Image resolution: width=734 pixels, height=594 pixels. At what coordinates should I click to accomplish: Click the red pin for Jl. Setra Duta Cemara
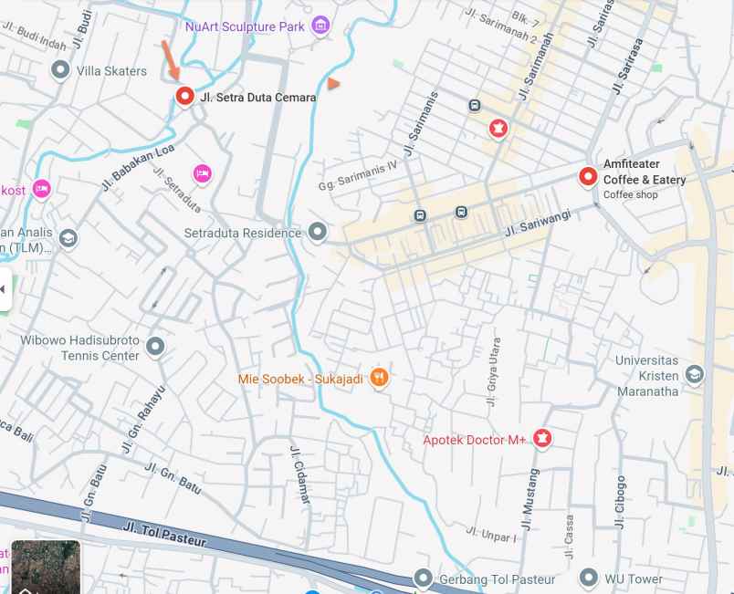coord(184,96)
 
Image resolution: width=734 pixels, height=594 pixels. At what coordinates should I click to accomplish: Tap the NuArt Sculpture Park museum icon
coord(320,26)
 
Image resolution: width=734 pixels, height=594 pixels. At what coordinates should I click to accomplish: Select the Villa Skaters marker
coord(60,69)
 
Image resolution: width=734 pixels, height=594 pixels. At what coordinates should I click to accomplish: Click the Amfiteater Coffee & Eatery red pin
coord(589,175)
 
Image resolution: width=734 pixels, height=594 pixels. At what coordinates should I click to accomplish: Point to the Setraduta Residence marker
coord(317,232)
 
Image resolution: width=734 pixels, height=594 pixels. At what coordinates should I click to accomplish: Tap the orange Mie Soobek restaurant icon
coord(380,378)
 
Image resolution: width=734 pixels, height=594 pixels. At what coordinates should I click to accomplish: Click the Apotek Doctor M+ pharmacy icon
coord(542,439)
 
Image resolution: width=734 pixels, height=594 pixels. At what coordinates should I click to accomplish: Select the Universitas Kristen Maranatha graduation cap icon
coord(694,374)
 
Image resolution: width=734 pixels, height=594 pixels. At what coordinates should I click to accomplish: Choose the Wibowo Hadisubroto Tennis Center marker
coord(155,346)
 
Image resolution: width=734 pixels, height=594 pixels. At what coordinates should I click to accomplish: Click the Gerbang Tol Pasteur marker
coord(423,578)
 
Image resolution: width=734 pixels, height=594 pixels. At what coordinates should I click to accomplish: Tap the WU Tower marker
coord(589,578)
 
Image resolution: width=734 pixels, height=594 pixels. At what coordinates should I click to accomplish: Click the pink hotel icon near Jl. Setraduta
coord(202,172)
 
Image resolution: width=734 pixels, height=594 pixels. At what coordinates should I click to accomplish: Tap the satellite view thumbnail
coord(46,567)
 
